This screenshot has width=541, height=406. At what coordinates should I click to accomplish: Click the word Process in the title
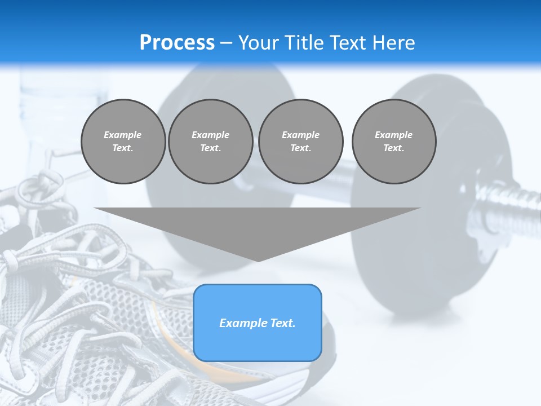[x=177, y=43]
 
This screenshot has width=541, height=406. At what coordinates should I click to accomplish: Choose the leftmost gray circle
[x=123, y=142]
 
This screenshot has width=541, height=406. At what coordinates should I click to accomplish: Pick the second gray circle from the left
[x=211, y=142]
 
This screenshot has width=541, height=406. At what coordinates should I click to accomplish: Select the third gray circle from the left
[x=301, y=142]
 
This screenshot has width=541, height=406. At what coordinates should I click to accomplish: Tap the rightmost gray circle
[x=394, y=142]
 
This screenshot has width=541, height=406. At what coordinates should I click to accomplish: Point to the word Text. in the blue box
[x=282, y=323]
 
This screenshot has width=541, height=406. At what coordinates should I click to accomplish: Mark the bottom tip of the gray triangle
[x=258, y=261]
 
